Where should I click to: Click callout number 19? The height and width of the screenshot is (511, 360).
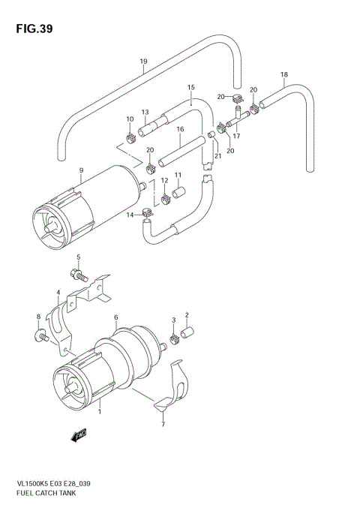(143, 61)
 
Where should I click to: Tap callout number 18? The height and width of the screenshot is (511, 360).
(283, 74)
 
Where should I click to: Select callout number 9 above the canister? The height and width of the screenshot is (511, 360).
(82, 171)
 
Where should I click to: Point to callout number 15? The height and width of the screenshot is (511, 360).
(190, 87)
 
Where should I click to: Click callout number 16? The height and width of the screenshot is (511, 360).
(180, 130)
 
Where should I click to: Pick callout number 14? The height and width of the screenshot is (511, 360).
(130, 215)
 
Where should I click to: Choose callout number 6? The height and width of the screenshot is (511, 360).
(115, 317)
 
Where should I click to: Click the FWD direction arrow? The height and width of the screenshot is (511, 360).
(76, 434)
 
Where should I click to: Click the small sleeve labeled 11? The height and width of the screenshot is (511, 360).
(178, 192)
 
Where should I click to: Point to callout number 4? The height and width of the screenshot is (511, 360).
(58, 292)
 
